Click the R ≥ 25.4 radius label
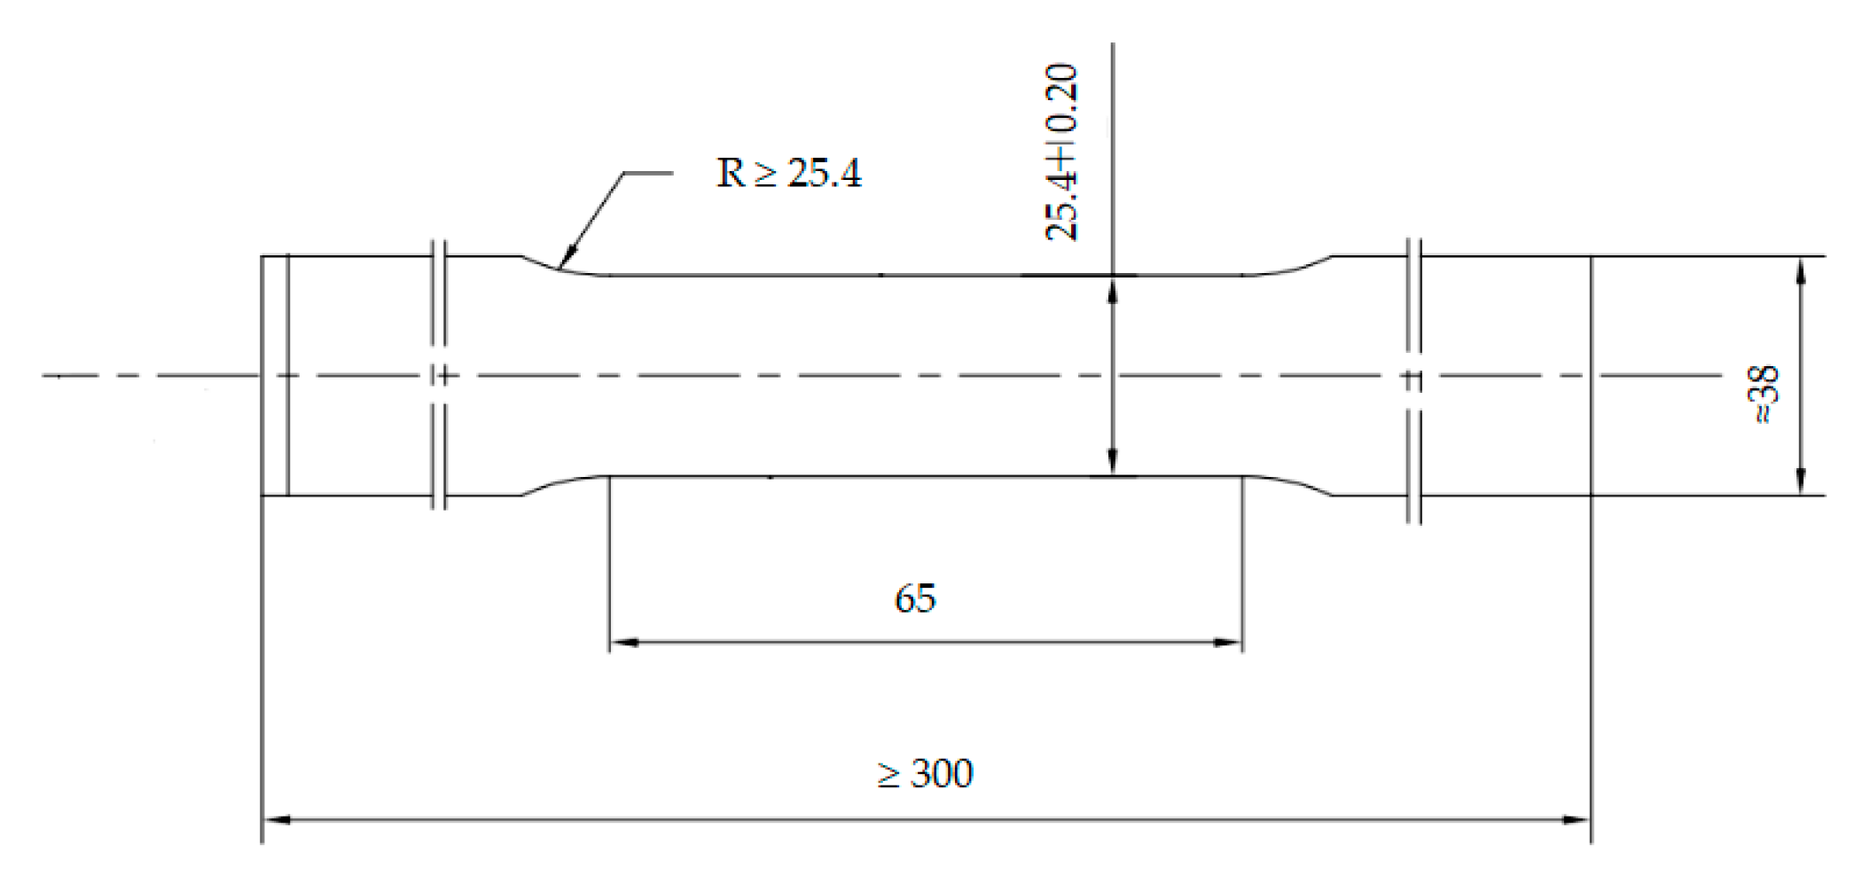[x=788, y=173]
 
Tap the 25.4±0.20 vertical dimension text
[x=1061, y=152]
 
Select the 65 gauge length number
[x=915, y=599]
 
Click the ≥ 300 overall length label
[x=925, y=774]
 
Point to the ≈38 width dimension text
[x=1764, y=395]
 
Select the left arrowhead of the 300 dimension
[x=277, y=820]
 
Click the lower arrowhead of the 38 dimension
[x=1800, y=482]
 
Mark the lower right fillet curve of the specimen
[x=1290, y=483]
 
